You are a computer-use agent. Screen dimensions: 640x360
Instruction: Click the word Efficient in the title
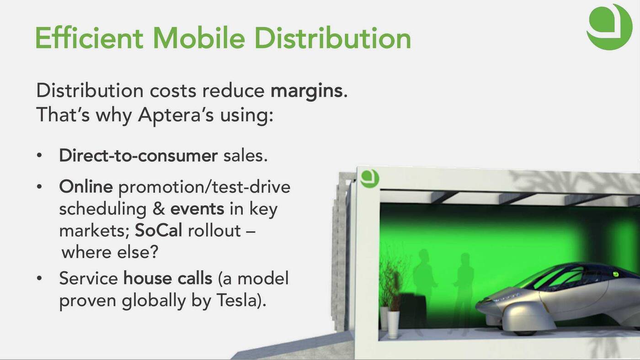point(89,38)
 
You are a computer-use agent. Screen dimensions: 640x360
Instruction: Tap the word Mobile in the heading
point(199,38)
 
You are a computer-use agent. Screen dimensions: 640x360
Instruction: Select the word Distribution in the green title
point(333,38)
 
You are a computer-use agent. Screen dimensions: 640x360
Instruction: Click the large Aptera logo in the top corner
point(609,27)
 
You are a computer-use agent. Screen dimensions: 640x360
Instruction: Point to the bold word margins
point(306,91)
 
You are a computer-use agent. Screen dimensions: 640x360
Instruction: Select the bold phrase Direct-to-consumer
point(138,156)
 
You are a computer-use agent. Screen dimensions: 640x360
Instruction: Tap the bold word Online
point(86,187)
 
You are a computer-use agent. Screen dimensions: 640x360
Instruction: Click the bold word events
point(197,209)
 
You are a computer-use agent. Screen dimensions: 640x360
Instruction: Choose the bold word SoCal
point(158,230)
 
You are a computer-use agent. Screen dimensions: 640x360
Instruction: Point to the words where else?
point(110,252)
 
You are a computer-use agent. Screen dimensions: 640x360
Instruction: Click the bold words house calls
point(168,278)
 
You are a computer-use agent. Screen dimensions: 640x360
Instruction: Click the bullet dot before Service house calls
point(39,278)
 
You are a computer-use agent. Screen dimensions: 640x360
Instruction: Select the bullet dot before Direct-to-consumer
point(39,156)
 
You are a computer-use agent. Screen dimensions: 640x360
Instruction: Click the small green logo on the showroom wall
point(370,179)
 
